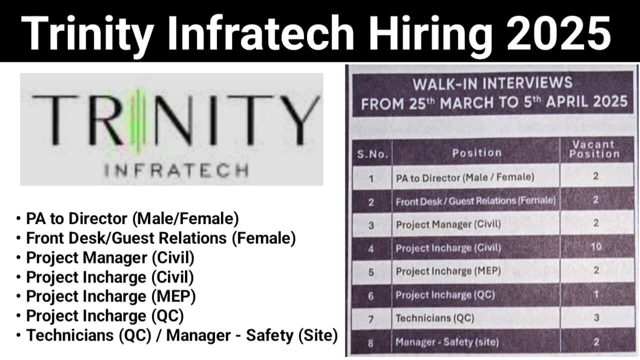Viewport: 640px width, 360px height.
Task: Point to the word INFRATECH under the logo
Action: tap(176, 170)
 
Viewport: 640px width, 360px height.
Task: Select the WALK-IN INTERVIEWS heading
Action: tap(492, 83)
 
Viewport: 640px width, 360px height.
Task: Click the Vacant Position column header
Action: tap(594, 149)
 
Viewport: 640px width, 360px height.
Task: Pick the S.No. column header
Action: tap(372, 154)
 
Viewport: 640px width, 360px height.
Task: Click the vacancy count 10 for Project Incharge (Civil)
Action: tap(596, 246)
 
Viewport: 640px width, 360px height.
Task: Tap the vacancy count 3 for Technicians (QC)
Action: tap(596, 317)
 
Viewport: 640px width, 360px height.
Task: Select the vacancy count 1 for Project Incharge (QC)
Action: tap(596, 294)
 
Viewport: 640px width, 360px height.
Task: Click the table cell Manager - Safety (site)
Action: tap(447, 342)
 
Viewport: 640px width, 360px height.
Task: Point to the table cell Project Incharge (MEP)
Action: tap(448, 271)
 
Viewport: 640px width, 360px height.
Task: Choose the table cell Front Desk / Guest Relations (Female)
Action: tap(475, 201)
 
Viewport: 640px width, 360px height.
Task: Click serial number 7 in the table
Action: tap(371, 319)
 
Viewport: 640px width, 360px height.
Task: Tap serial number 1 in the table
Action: tap(371, 179)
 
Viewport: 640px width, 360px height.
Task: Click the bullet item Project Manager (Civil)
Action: tap(110, 257)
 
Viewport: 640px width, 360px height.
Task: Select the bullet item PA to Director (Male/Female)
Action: tap(132, 219)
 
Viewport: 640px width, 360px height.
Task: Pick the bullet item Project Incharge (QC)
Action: tap(105, 316)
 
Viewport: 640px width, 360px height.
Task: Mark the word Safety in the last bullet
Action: tap(269, 335)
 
